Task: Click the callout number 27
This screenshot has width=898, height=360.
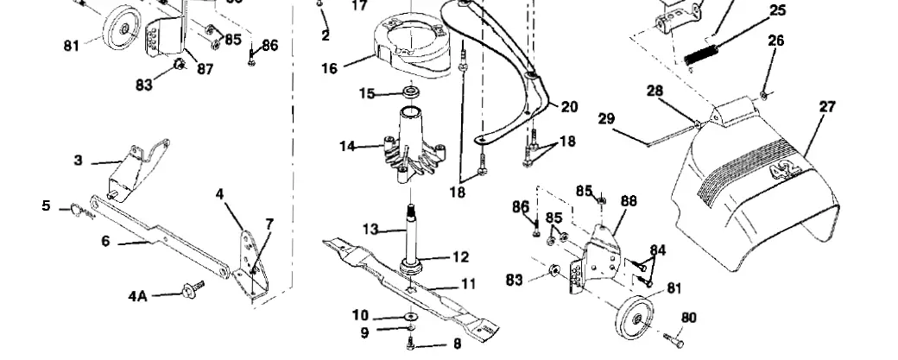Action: pyautogui.click(x=827, y=106)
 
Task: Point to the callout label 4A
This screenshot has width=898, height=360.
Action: pyautogui.click(x=137, y=296)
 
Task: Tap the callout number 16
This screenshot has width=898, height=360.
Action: pyautogui.click(x=329, y=68)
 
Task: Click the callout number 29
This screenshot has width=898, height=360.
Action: pyautogui.click(x=606, y=118)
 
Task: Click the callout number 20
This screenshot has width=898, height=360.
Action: pyautogui.click(x=569, y=107)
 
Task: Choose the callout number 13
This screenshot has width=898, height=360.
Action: pyautogui.click(x=370, y=229)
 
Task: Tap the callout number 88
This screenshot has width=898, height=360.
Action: pyautogui.click(x=628, y=201)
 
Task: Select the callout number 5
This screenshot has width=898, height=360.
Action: pyautogui.click(x=47, y=205)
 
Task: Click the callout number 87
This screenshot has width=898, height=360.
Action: pyautogui.click(x=205, y=70)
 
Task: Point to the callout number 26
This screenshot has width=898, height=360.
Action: pyautogui.click(x=775, y=41)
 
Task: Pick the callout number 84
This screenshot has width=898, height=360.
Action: pyautogui.click(x=658, y=250)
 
